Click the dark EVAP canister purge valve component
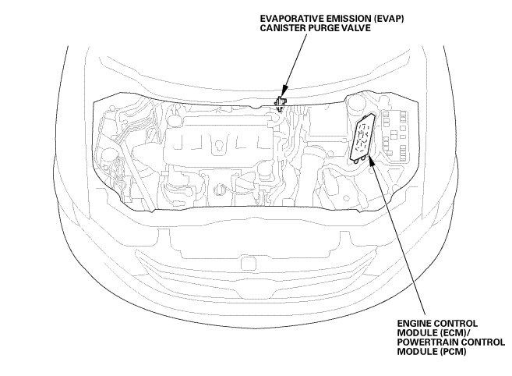click(281, 102)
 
